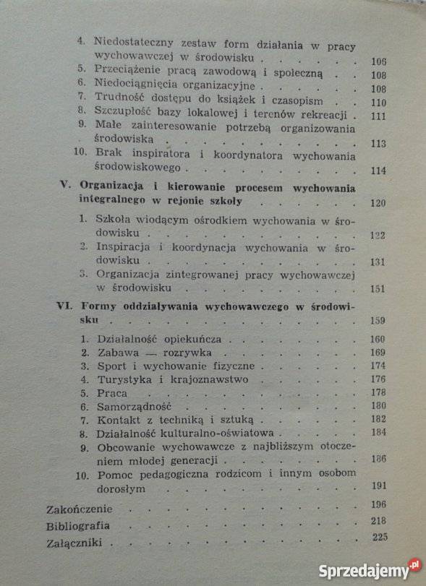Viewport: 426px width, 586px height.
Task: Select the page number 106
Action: (378, 60)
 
